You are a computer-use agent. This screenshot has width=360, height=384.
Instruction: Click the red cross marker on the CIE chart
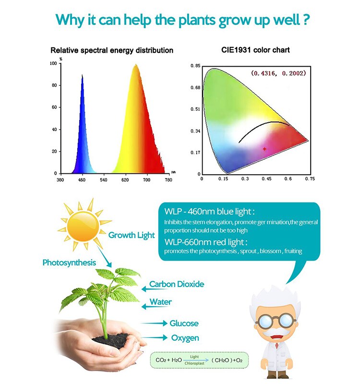coord(264,149)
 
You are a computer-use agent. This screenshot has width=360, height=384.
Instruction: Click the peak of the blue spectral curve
coord(82,75)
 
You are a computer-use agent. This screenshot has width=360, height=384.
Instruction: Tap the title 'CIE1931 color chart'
coord(255,50)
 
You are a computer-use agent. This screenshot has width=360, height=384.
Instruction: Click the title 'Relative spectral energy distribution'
coord(112,50)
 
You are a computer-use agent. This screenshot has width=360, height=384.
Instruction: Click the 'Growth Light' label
coord(132,235)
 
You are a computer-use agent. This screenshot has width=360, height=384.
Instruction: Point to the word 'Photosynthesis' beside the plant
coord(69,263)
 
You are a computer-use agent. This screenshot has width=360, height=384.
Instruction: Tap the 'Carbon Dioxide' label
coord(176,284)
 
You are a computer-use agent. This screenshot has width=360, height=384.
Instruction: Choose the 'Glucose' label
coord(184,324)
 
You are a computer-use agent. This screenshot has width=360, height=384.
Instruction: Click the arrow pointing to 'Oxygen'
coord(156,338)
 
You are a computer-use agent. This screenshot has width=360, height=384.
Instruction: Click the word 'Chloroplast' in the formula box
coord(194,363)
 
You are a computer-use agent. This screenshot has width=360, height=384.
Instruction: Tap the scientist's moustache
coord(272,331)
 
